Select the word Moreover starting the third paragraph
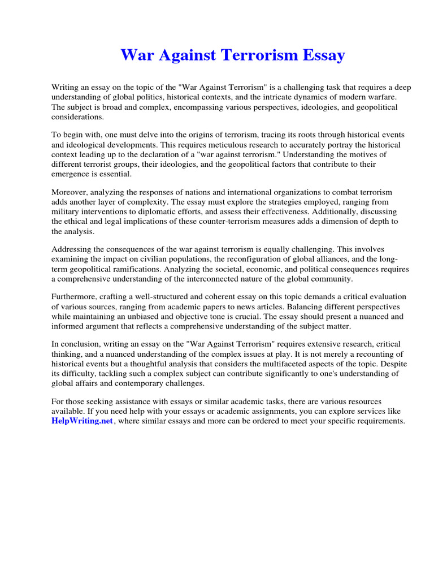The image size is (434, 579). [x=70, y=192]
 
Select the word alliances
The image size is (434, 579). [x=338, y=259]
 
